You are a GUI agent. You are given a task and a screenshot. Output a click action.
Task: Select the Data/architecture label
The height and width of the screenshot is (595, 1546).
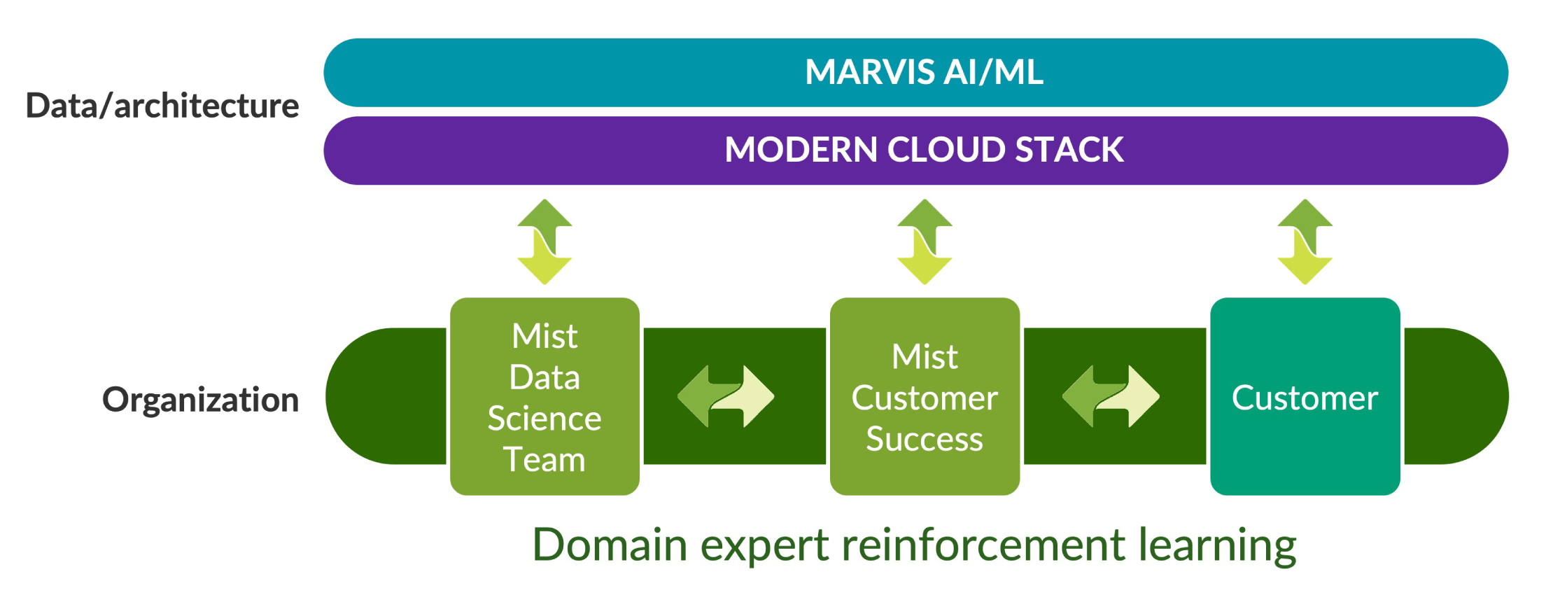[162, 106]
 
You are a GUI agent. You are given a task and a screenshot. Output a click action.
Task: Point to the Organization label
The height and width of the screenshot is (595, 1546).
[200, 400]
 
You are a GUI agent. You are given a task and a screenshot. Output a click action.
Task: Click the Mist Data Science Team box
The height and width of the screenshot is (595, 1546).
[544, 396]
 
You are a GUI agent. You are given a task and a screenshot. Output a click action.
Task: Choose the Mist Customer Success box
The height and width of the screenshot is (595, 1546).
[925, 396]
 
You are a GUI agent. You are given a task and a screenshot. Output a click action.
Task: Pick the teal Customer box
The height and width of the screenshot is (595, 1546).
[1305, 396]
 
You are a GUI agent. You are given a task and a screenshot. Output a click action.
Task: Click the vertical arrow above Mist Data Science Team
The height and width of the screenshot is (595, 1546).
[544, 241]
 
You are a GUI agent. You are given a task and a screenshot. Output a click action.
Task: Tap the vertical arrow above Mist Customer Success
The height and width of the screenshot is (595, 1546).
[925, 241]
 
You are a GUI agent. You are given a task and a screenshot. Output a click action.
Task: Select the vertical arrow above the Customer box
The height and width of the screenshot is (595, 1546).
[1305, 241]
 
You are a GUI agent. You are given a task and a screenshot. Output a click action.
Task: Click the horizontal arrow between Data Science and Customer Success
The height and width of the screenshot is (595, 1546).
[726, 396]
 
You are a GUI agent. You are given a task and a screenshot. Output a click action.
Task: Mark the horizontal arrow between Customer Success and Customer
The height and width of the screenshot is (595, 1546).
[1111, 396]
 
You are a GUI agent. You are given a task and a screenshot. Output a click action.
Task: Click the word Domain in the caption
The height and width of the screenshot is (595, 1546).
[610, 545]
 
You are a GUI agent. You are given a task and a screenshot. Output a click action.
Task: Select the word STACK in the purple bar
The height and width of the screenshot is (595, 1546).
[1069, 150]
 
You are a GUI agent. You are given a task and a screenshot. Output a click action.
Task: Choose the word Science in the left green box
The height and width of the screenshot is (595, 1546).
[544, 419]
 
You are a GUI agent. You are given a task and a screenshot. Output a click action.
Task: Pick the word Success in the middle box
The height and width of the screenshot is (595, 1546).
[925, 439]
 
